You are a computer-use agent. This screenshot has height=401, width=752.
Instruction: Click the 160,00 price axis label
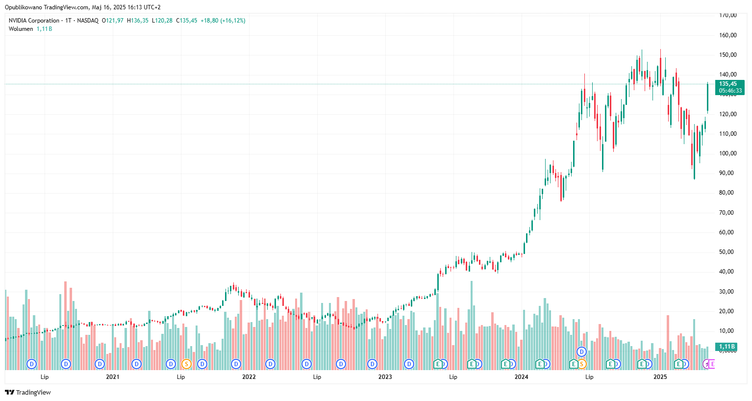[727, 35]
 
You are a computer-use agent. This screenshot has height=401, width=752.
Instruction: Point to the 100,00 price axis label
[727, 153]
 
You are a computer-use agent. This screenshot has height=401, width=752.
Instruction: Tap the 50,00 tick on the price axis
[727, 252]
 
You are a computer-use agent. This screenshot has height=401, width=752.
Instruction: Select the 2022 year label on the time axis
[249, 377]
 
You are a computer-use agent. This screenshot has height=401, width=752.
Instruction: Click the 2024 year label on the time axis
[521, 377]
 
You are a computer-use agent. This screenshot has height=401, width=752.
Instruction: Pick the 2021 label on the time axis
[113, 377]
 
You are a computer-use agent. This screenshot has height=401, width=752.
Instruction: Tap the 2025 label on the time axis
[660, 377]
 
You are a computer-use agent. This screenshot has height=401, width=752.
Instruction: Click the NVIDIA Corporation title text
[34, 21]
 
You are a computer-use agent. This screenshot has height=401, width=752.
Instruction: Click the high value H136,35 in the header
[138, 21]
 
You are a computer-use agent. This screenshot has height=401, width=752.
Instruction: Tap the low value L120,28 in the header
[162, 21]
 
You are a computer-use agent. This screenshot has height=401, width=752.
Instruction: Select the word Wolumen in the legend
[21, 29]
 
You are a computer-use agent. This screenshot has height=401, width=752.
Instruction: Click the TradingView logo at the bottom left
[28, 392]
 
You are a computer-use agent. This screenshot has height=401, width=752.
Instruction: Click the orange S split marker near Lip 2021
[186, 364]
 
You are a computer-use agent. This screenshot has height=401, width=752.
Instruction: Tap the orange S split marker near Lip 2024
[581, 364]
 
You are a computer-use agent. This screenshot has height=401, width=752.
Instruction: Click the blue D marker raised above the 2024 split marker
[581, 351]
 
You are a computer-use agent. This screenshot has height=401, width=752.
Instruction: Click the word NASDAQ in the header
[88, 21]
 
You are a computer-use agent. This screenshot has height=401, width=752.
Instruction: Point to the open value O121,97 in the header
[113, 21]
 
